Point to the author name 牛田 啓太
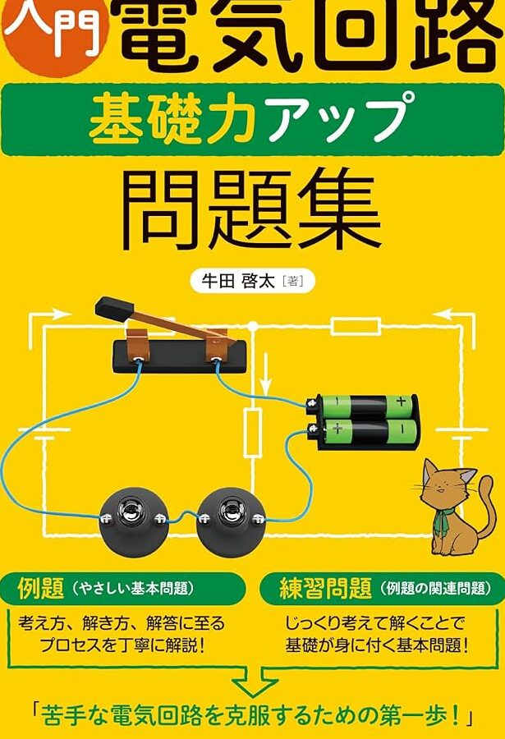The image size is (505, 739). click(238, 282)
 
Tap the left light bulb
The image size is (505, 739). click(135, 521)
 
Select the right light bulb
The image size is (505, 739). click(231, 521)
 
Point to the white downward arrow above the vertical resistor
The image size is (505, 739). click(265, 374)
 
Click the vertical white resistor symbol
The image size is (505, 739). click(253, 433)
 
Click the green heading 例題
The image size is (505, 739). click(41, 588)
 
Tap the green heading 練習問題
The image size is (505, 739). click(325, 588)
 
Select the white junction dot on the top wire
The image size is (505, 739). click(253, 326)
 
